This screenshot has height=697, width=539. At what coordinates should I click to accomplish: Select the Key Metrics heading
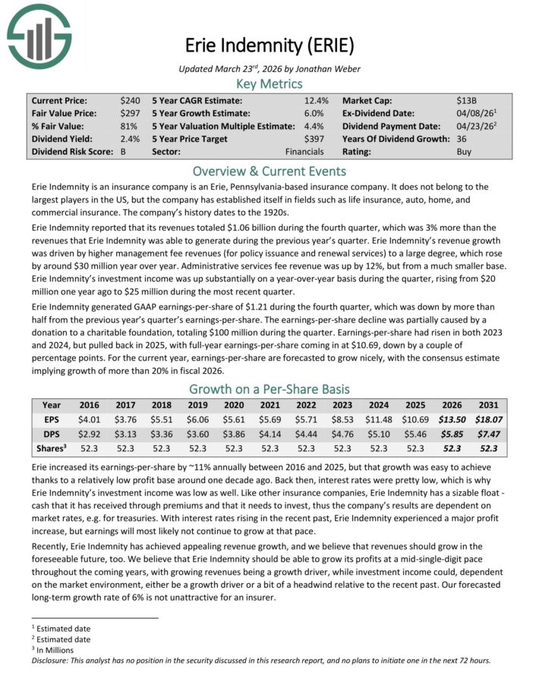tap(269, 83)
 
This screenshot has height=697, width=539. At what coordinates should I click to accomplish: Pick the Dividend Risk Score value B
tap(123, 152)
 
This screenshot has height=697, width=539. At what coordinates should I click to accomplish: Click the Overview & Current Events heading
tap(269, 171)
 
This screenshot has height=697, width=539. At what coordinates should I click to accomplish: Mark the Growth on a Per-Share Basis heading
tap(269, 389)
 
